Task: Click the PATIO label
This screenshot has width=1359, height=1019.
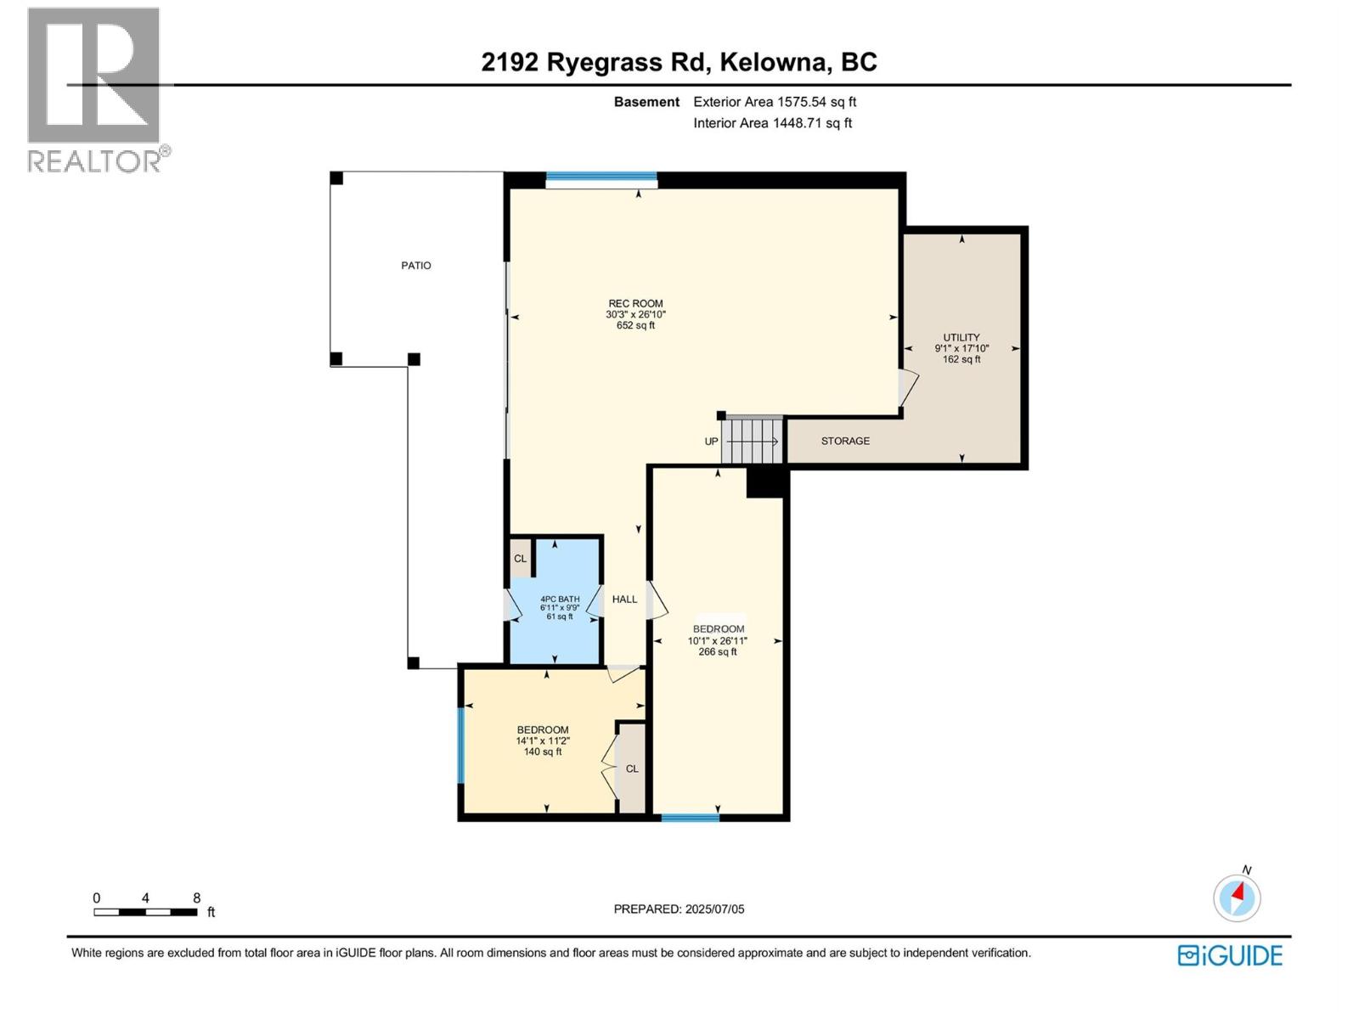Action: coord(416,266)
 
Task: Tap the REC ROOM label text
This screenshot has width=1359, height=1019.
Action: coord(635,304)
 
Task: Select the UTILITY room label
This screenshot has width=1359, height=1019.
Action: coord(961,338)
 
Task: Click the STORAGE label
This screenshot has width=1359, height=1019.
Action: coord(845,442)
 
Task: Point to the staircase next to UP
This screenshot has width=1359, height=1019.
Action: coord(752,441)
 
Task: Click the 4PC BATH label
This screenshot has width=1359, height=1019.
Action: coord(560,600)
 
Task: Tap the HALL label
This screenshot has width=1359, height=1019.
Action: coord(624,600)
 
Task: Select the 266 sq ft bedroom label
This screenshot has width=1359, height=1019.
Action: coord(719,630)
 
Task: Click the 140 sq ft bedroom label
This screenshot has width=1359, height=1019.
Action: coord(543,730)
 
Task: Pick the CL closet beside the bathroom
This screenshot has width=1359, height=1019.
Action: coord(520,559)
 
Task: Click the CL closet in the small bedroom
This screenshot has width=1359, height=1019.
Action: coord(632,769)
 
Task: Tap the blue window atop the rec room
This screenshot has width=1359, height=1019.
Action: coord(601,178)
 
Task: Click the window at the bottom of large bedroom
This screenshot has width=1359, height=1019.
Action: coord(690,818)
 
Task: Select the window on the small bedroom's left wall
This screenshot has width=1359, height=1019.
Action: coord(461,745)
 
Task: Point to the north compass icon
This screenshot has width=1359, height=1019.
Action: coord(1237,897)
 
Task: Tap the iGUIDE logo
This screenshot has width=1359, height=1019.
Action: coord(1229,955)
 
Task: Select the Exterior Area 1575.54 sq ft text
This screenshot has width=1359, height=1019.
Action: coord(774,102)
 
